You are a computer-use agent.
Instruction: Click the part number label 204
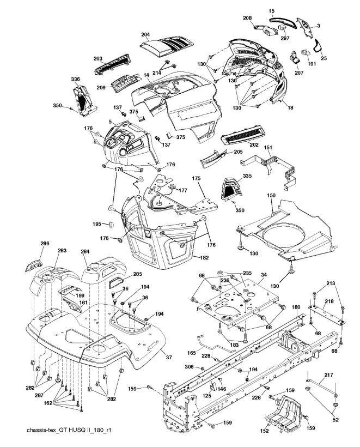pyautogui.click(x=145, y=34)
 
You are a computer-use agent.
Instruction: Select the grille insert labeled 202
pyautogui.click(x=242, y=138)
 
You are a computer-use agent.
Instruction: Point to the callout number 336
pyautogui.click(x=75, y=80)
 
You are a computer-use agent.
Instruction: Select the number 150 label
pyautogui.click(x=271, y=195)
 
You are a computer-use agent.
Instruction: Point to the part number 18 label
pyautogui.click(x=290, y=108)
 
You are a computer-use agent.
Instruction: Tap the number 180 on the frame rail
pyautogui.click(x=296, y=308)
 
